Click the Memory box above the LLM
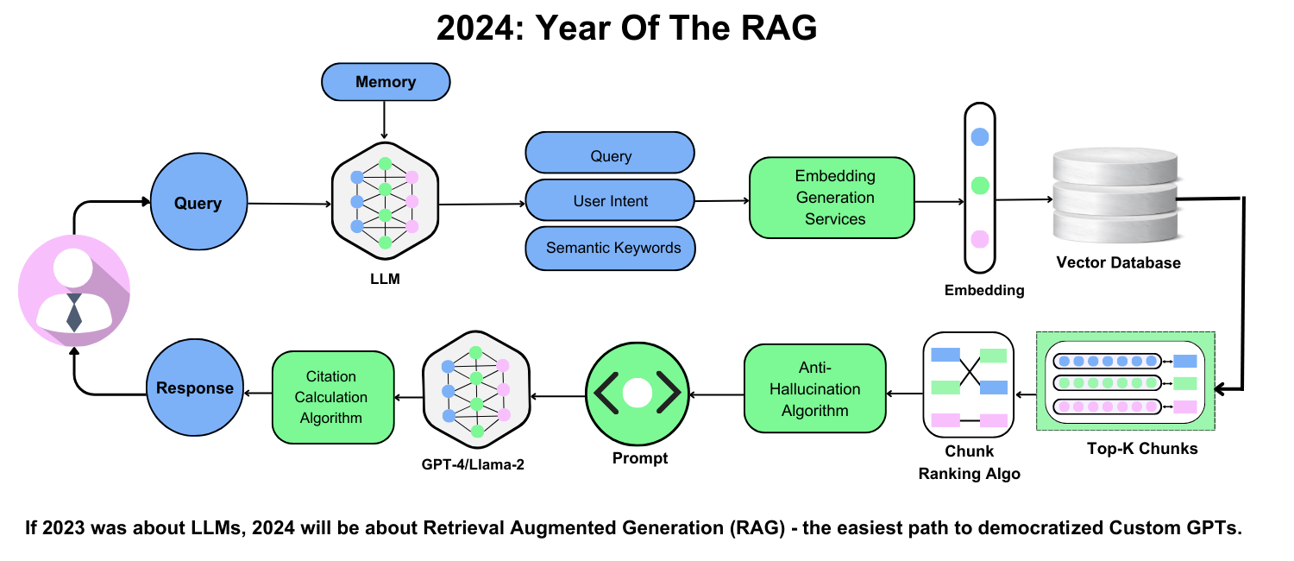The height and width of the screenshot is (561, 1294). (386, 83)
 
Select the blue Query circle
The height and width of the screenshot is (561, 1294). (198, 204)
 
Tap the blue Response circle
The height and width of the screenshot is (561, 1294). (194, 388)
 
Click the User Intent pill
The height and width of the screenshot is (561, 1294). (610, 201)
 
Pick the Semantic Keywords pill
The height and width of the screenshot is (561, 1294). (610, 248)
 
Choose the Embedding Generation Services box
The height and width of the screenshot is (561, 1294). (832, 198)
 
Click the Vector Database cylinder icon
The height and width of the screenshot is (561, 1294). (1115, 197)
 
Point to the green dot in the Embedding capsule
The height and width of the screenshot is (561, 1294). (979, 185)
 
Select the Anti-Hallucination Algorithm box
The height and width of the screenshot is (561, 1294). (814, 389)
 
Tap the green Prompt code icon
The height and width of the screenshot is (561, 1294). (638, 394)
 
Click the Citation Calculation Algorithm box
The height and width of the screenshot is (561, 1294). (332, 397)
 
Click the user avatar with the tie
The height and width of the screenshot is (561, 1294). (74, 290)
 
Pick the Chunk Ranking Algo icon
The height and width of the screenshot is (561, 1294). (970, 386)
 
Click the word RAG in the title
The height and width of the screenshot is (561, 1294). (779, 28)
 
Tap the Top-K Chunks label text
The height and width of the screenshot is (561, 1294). (1130, 449)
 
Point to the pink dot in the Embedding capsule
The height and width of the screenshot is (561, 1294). (979, 238)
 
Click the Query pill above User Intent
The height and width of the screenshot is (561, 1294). (610, 155)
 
